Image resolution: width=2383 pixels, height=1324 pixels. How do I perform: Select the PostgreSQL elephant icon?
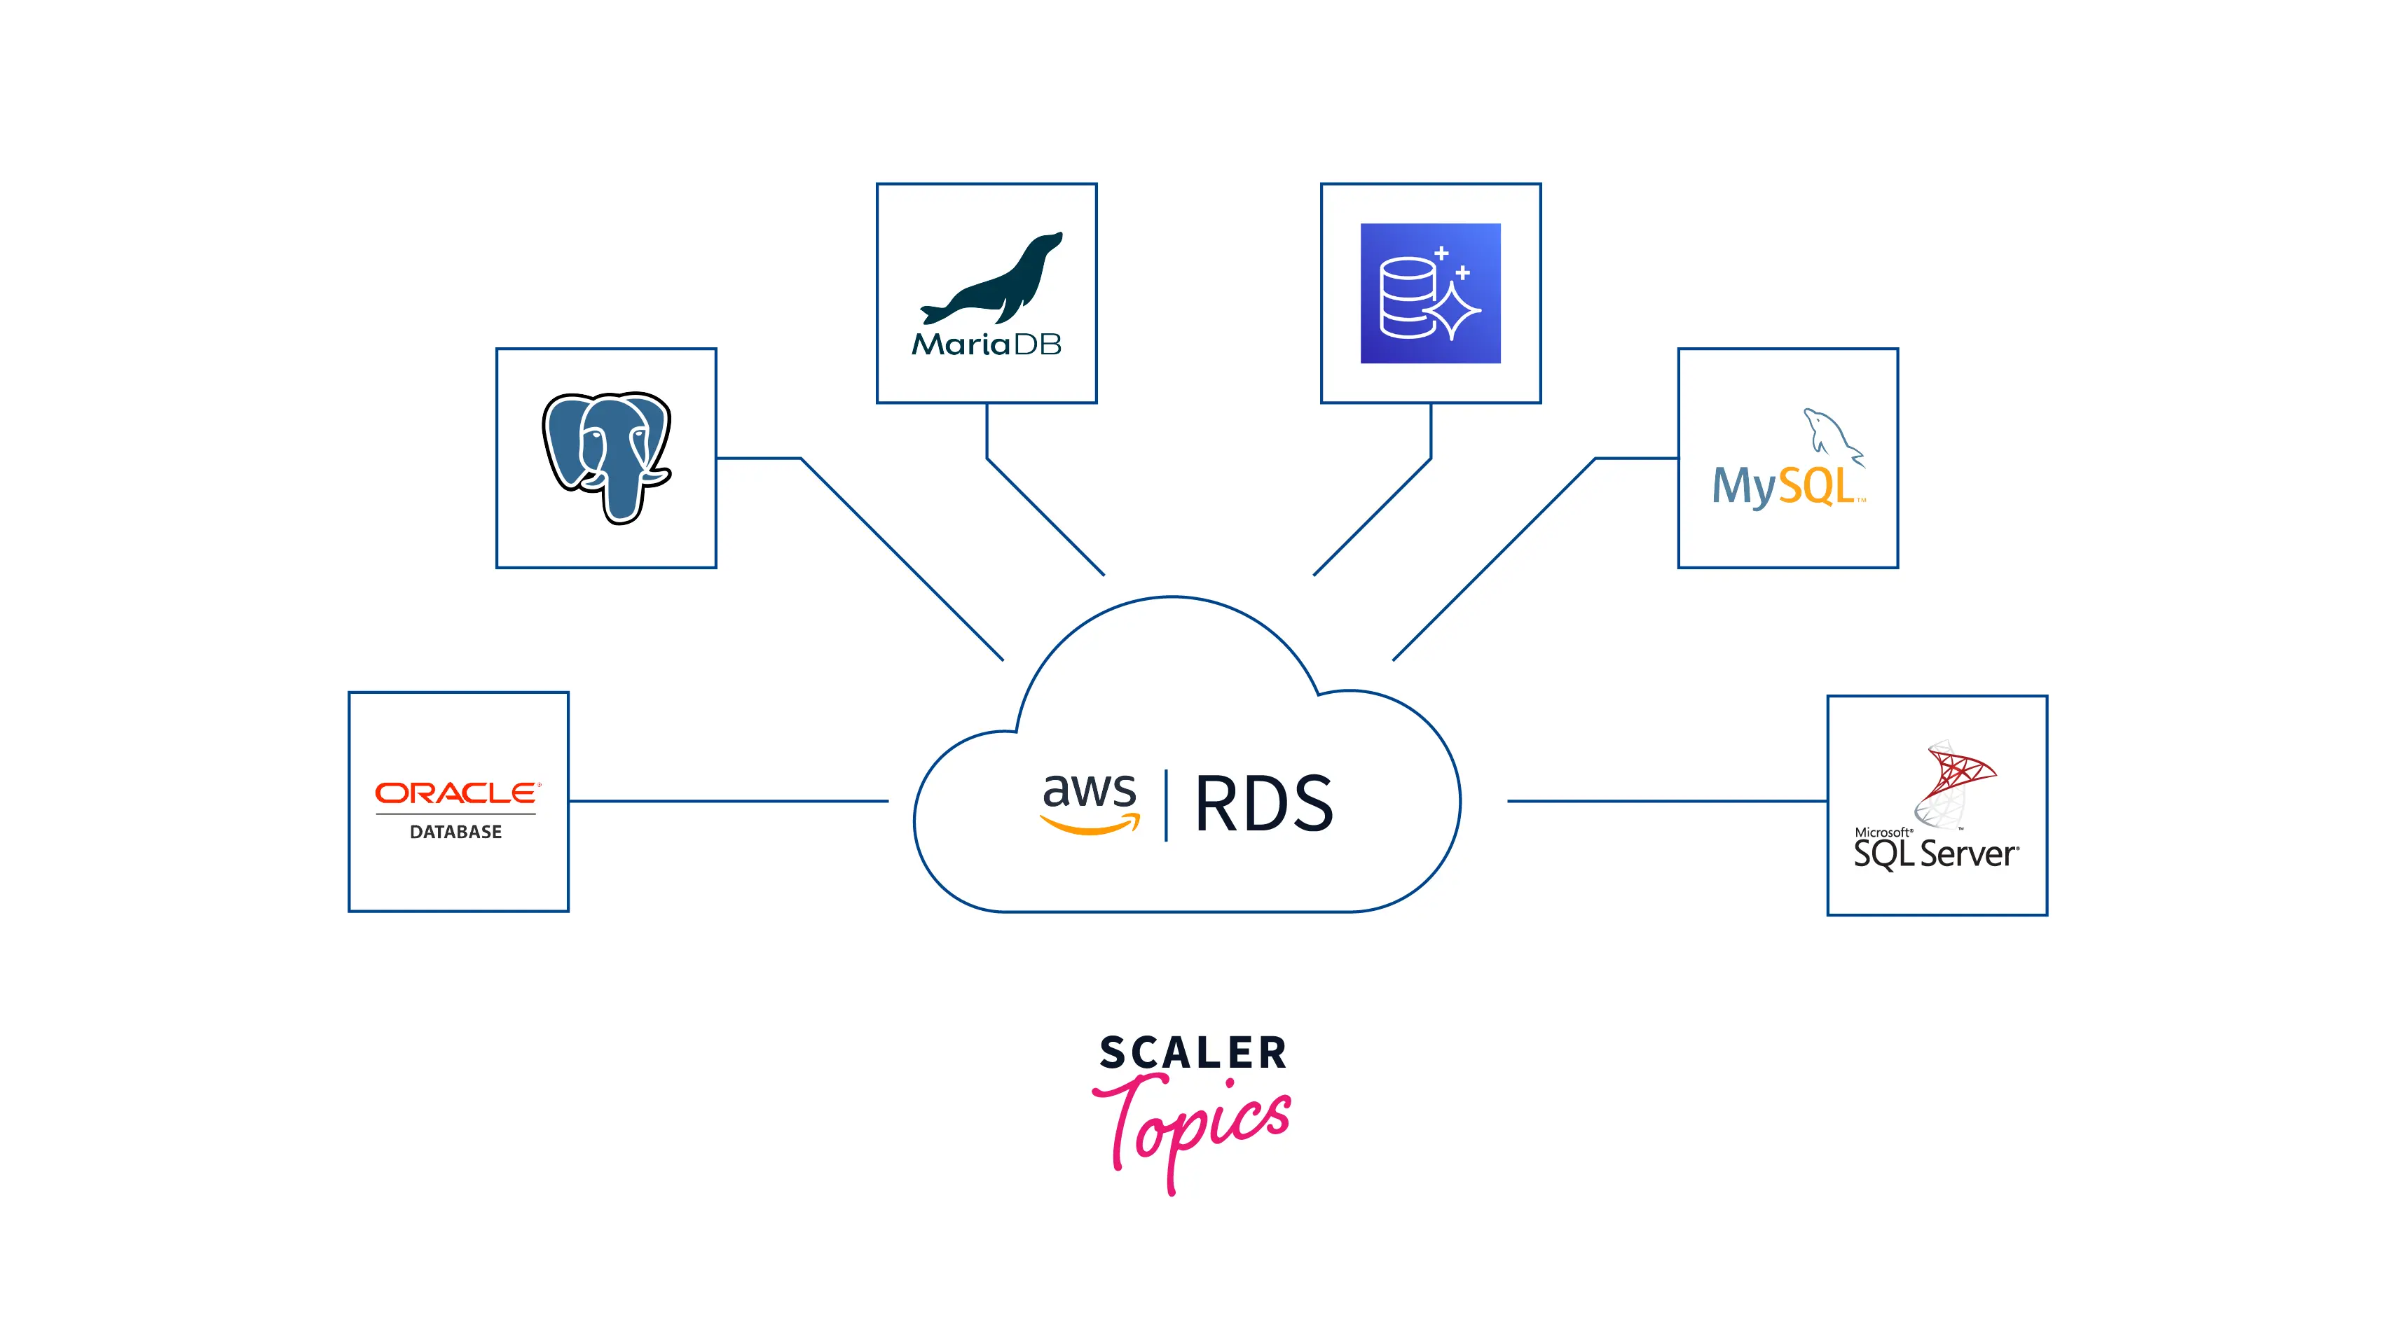pyautogui.click(x=606, y=457)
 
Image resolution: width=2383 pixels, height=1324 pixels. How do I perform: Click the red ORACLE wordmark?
pyautogui.click(x=456, y=793)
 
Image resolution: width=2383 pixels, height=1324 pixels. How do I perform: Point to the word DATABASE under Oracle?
pyautogui.click(x=456, y=832)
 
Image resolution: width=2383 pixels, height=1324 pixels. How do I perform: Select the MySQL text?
pyautogui.click(x=1783, y=487)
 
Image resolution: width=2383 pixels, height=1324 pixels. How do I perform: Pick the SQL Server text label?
pyautogui.click(x=1935, y=854)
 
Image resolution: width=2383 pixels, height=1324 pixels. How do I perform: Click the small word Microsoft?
pyautogui.click(x=1883, y=832)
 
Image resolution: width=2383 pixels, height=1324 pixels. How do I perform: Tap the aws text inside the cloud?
pyautogui.click(x=1089, y=790)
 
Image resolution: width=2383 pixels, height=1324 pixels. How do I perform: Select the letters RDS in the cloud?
pyautogui.click(x=1263, y=804)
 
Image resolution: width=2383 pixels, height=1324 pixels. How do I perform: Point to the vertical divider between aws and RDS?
pyautogui.click(x=1166, y=804)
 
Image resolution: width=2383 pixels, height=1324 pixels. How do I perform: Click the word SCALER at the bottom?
pyautogui.click(x=1193, y=1053)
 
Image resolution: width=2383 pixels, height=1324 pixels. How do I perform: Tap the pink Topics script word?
pyautogui.click(x=1193, y=1123)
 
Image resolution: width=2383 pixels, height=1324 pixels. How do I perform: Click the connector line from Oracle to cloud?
pyautogui.click(x=729, y=801)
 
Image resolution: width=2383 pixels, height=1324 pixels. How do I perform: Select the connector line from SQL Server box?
pyautogui.click(x=1665, y=801)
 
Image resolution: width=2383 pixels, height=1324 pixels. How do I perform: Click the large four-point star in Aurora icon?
pyautogui.click(x=1454, y=311)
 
